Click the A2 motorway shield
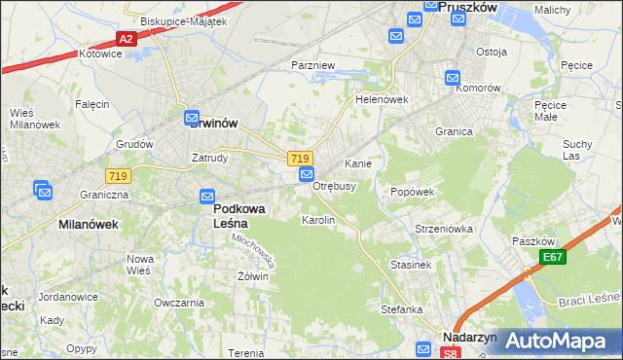click(126, 39)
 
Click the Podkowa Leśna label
click(232, 216)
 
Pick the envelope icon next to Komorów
click(454, 78)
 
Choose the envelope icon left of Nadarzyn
click(425, 348)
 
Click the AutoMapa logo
click(555, 341)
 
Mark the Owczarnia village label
click(177, 303)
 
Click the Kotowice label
click(100, 54)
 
